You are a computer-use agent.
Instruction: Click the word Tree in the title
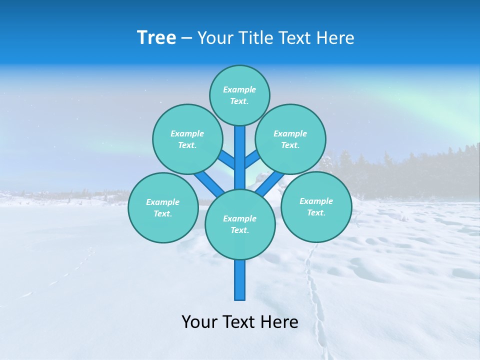[156, 37]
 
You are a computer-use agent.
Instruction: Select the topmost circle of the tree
[239, 95]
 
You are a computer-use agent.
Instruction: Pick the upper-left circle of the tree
[187, 139]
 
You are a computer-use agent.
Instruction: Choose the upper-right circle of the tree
[290, 139]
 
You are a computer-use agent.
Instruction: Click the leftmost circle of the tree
[163, 207]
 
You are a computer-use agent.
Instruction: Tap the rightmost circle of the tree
[316, 206]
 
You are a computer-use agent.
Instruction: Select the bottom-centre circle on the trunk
[240, 224]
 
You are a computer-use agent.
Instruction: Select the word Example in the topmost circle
[239, 89]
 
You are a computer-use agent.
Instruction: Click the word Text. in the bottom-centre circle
[239, 230]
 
